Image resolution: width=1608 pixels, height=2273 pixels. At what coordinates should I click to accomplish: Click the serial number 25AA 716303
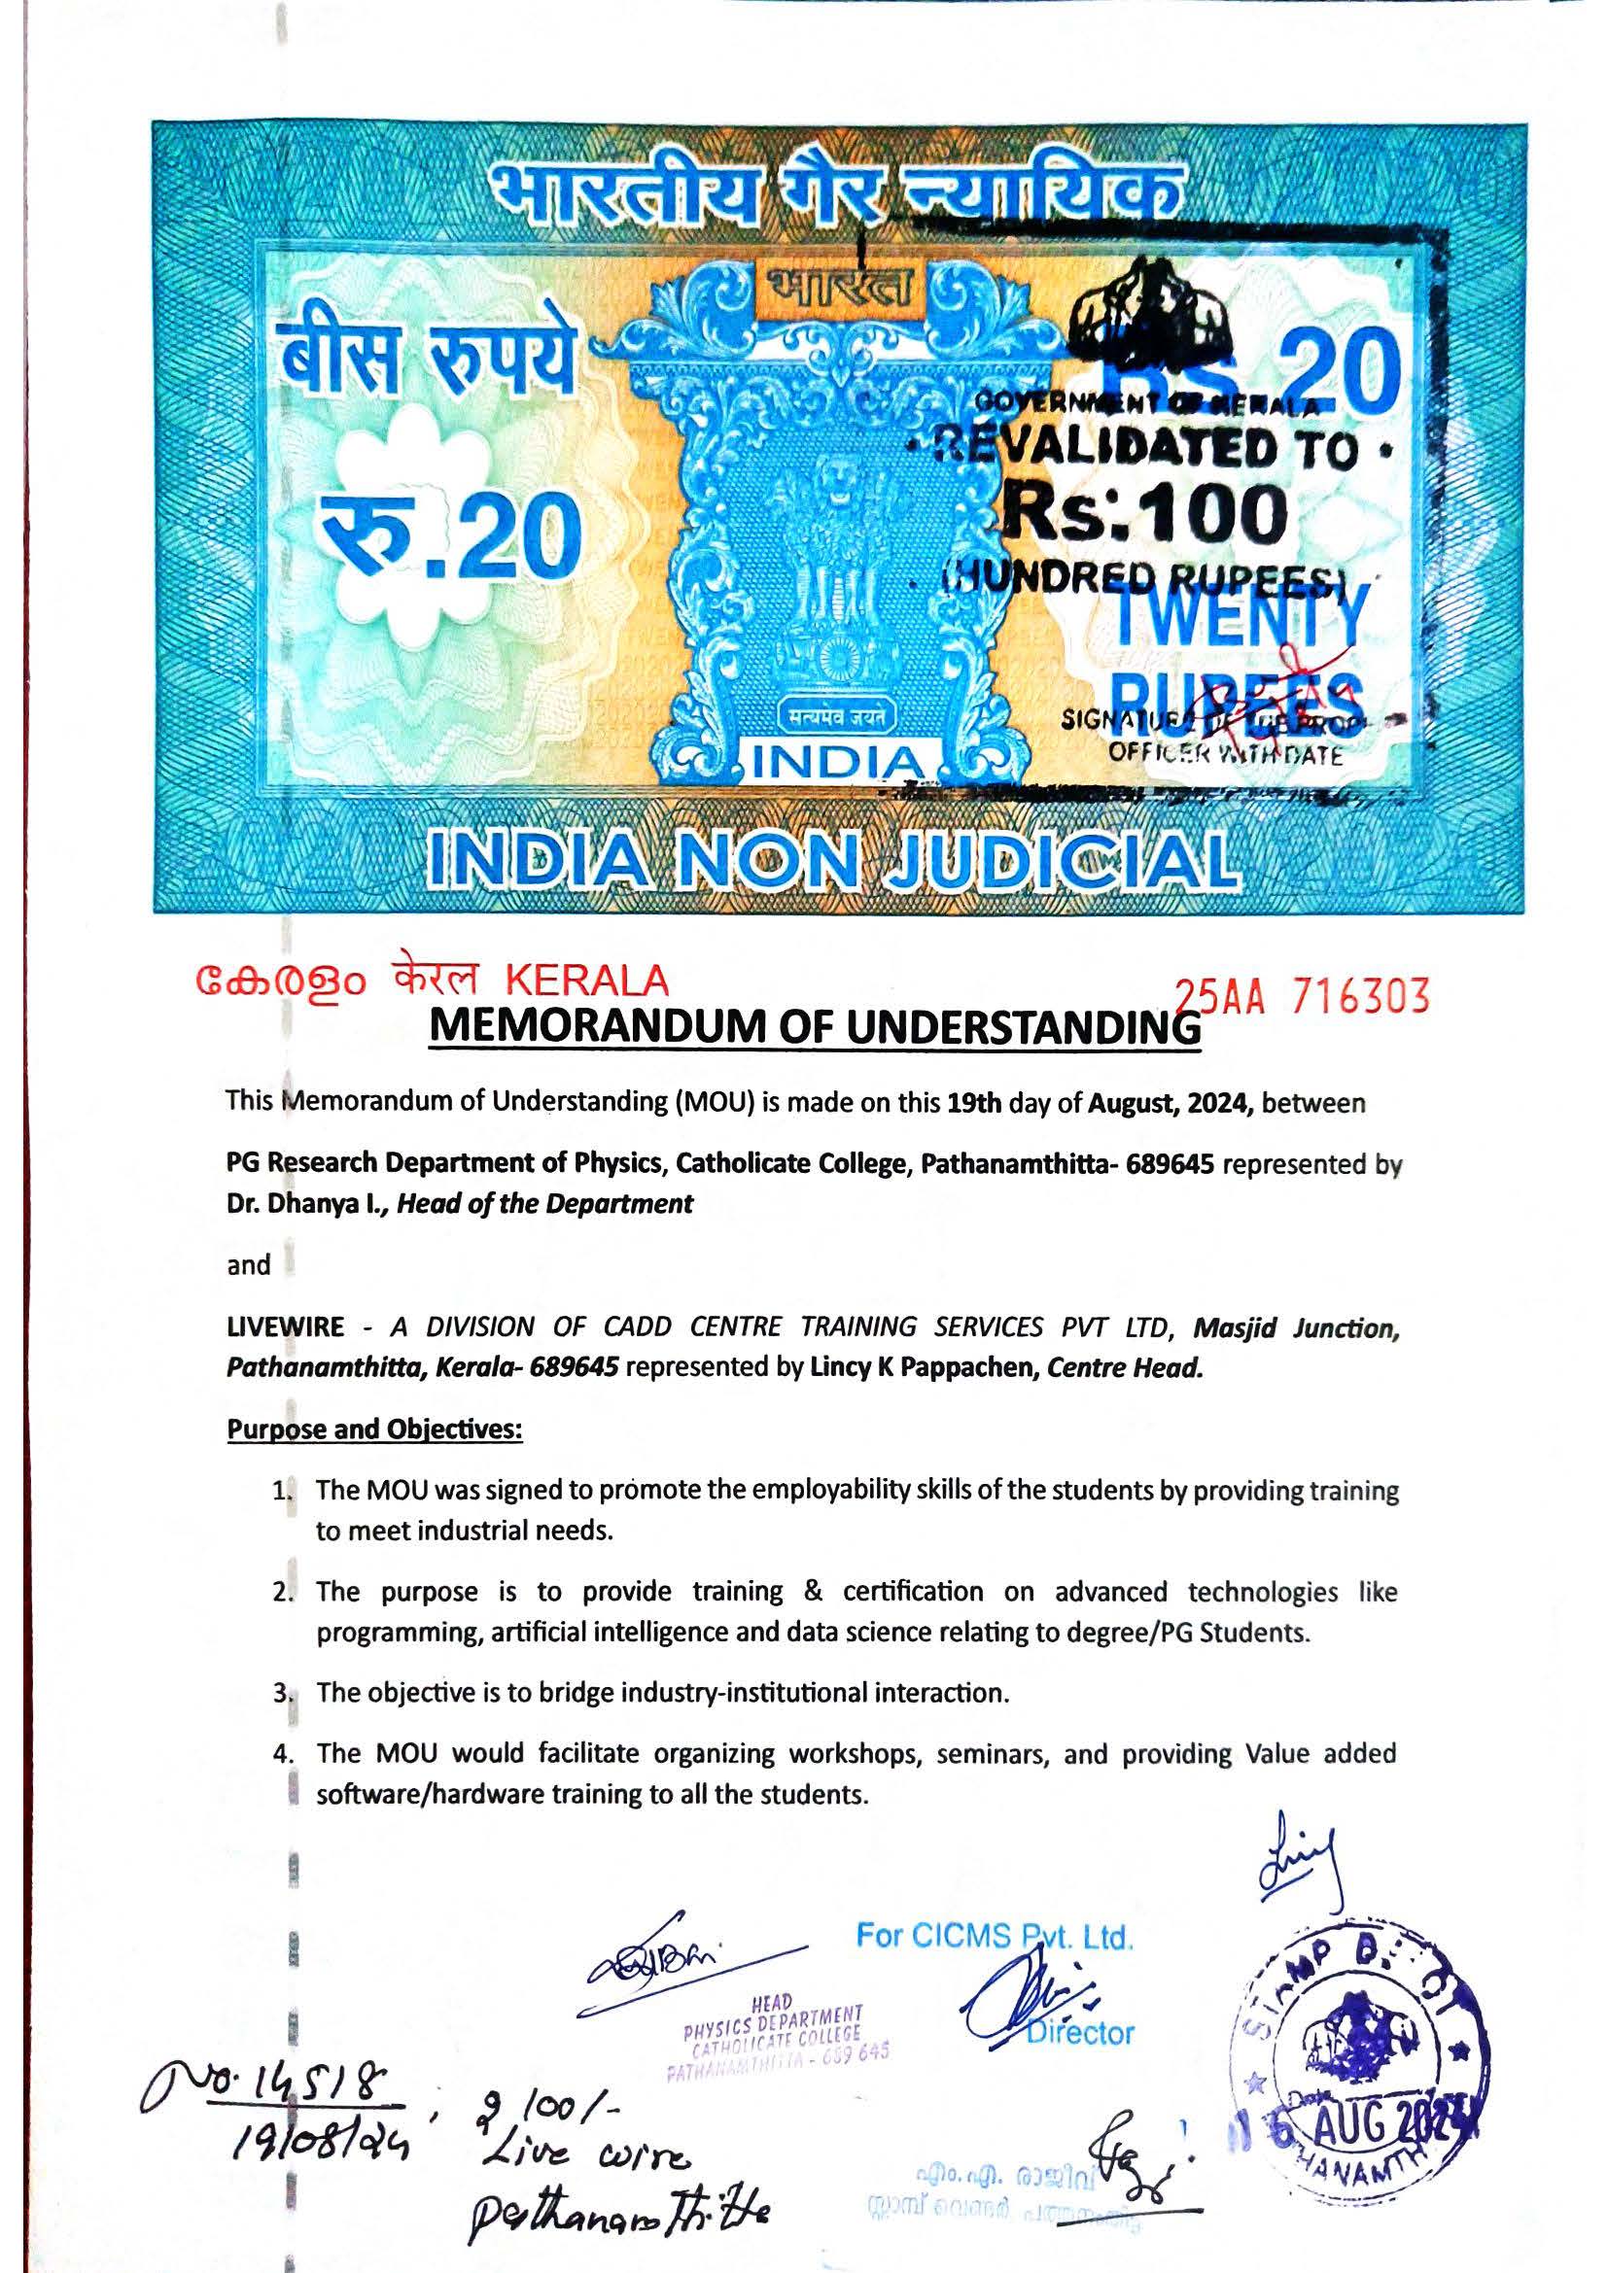1301,997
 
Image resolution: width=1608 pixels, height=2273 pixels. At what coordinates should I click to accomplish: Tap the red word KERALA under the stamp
587,981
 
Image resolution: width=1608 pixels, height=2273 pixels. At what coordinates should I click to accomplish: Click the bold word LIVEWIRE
286,1326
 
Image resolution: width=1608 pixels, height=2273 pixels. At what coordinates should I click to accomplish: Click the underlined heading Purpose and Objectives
375,1429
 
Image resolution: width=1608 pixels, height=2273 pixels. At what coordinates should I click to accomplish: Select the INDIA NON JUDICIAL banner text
834,859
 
